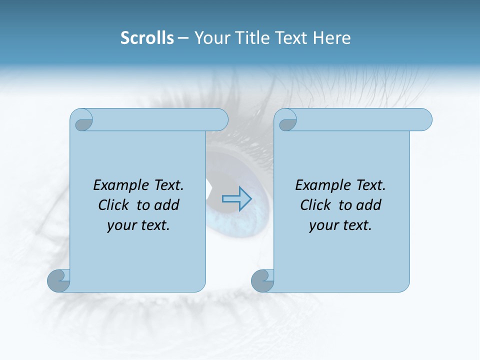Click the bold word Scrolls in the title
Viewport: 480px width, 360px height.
click(x=147, y=37)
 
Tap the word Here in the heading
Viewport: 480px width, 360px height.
click(x=331, y=37)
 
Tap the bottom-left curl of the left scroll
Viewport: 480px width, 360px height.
click(x=59, y=281)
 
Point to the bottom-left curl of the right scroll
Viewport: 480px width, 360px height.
click(x=262, y=281)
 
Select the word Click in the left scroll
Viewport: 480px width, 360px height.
click(x=114, y=205)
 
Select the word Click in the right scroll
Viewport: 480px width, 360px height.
click(x=315, y=205)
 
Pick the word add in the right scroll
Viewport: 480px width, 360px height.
click(x=369, y=205)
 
